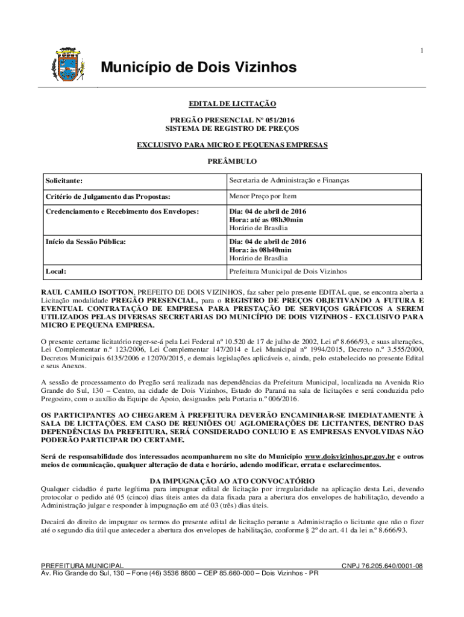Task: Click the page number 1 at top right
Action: pos(422,51)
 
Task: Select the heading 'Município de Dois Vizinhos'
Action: pos(198,67)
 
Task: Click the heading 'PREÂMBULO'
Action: pos(232,161)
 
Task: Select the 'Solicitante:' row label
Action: pos(64,181)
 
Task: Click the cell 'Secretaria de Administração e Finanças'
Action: pos(289,180)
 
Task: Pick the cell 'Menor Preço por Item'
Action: pos(262,196)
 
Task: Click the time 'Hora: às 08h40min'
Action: pos(260,249)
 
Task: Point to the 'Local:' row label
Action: pos(56,272)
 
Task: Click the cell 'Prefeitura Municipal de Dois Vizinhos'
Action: pos(288,272)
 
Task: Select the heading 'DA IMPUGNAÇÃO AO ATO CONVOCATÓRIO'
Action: pos(231,480)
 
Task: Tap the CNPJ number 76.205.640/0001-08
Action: pos(382,566)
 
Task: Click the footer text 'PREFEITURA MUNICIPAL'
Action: pos(82,566)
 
